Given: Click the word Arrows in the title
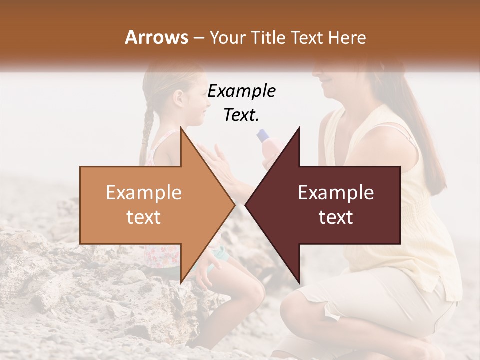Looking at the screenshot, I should pos(157,37).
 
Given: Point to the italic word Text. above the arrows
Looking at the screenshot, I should pos(241,115).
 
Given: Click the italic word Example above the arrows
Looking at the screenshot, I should pos(241,91).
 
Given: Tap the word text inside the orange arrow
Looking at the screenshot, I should pos(143,218).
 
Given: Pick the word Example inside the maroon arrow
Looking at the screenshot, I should pos(336,193).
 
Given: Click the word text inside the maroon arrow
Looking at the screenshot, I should pos(336,218).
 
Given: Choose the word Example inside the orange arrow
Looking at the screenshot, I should pos(143,193).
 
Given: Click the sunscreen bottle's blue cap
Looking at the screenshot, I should pos(262,135).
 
